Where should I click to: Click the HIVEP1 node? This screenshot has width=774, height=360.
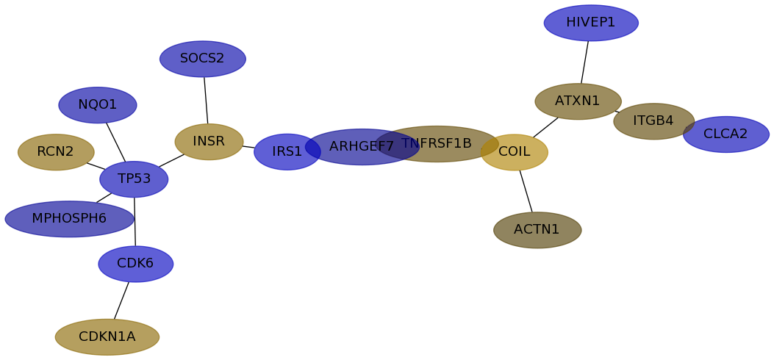click(x=591, y=23)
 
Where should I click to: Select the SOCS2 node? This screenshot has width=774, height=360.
click(x=202, y=59)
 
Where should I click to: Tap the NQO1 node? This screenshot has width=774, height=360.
click(x=97, y=105)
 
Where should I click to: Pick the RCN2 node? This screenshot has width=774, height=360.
click(x=56, y=152)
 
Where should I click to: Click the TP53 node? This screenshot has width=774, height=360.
click(x=134, y=179)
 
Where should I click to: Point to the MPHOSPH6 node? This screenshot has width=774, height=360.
click(x=69, y=218)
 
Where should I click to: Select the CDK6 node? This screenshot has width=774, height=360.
click(x=136, y=264)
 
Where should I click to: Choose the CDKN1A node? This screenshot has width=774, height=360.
click(x=107, y=336)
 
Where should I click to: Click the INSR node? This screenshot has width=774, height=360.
click(x=209, y=142)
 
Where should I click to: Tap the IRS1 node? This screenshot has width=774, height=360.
click(x=287, y=152)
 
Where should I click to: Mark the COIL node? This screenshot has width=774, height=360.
click(x=515, y=152)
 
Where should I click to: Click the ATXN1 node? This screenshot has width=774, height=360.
click(x=578, y=101)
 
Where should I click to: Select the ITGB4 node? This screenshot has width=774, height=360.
click(x=653, y=121)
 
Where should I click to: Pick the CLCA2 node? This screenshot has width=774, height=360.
click(x=725, y=134)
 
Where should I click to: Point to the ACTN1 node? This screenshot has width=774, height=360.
click(x=537, y=230)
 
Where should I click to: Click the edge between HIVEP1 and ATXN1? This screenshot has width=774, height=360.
click(x=584, y=62)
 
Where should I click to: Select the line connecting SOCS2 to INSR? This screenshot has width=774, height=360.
click(x=206, y=100)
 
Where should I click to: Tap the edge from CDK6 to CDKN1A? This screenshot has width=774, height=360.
click(x=121, y=300)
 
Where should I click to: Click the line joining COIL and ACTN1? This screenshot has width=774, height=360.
click(x=526, y=191)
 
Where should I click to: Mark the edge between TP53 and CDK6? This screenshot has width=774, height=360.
click(x=135, y=221)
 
